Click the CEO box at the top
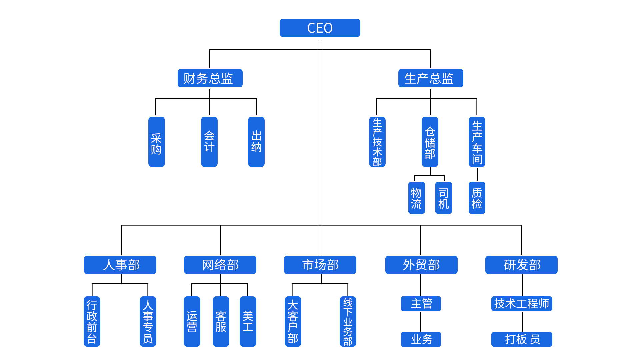320,28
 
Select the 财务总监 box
210,78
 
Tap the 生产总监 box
430,78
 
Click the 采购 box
156,142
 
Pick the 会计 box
209,142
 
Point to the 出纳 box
256,142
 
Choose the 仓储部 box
430,142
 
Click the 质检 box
477,198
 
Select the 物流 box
416,198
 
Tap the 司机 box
443,198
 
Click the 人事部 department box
120,265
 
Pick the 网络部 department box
220,265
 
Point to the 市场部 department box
320,265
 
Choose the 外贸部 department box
421,265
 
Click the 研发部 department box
521,265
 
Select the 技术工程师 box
521,303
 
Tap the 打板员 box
521,339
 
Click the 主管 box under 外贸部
421,303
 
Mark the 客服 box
221,321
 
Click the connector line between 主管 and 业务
421,321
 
